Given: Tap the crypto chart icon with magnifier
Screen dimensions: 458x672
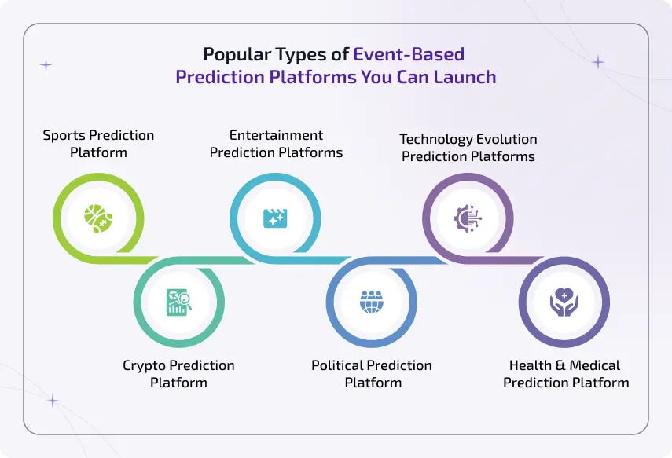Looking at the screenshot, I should click(x=178, y=302).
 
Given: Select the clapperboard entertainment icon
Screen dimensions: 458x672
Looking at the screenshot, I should click(x=275, y=217).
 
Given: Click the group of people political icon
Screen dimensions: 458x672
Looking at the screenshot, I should click(x=371, y=302).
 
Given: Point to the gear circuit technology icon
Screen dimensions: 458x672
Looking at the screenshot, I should click(x=468, y=218).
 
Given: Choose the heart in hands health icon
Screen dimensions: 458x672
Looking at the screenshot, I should click(x=564, y=302).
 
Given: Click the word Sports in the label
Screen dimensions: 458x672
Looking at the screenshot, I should click(x=65, y=135).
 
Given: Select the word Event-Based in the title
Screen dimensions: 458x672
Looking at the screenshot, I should click(x=409, y=55).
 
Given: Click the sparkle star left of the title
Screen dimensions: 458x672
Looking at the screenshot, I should click(x=46, y=65).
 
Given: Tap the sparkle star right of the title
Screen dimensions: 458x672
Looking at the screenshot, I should click(x=598, y=61).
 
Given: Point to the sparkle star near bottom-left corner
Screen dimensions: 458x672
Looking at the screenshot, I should click(x=53, y=401).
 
